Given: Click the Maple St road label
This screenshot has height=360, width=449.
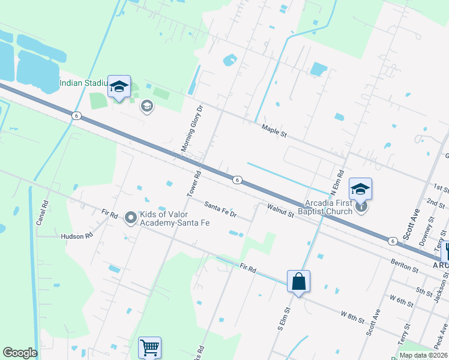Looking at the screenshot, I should (x=274, y=130).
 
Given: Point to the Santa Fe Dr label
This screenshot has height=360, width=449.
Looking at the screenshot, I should (x=220, y=209).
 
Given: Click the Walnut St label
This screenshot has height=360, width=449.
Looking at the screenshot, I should (x=280, y=210).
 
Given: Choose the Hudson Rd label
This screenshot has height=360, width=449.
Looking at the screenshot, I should (x=77, y=236).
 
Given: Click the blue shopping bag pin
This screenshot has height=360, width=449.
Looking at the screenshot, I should (x=298, y=281).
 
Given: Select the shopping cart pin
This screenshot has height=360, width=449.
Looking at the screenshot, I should (x=149, y=346).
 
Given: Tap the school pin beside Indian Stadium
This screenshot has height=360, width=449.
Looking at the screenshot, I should (x=119, y=87).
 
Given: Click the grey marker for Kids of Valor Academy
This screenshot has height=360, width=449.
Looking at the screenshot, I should (x=131, y=218).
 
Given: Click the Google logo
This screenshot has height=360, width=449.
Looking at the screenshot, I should (x=20, y=353).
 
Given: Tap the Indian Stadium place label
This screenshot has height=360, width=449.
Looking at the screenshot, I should (x=82, y=82).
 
